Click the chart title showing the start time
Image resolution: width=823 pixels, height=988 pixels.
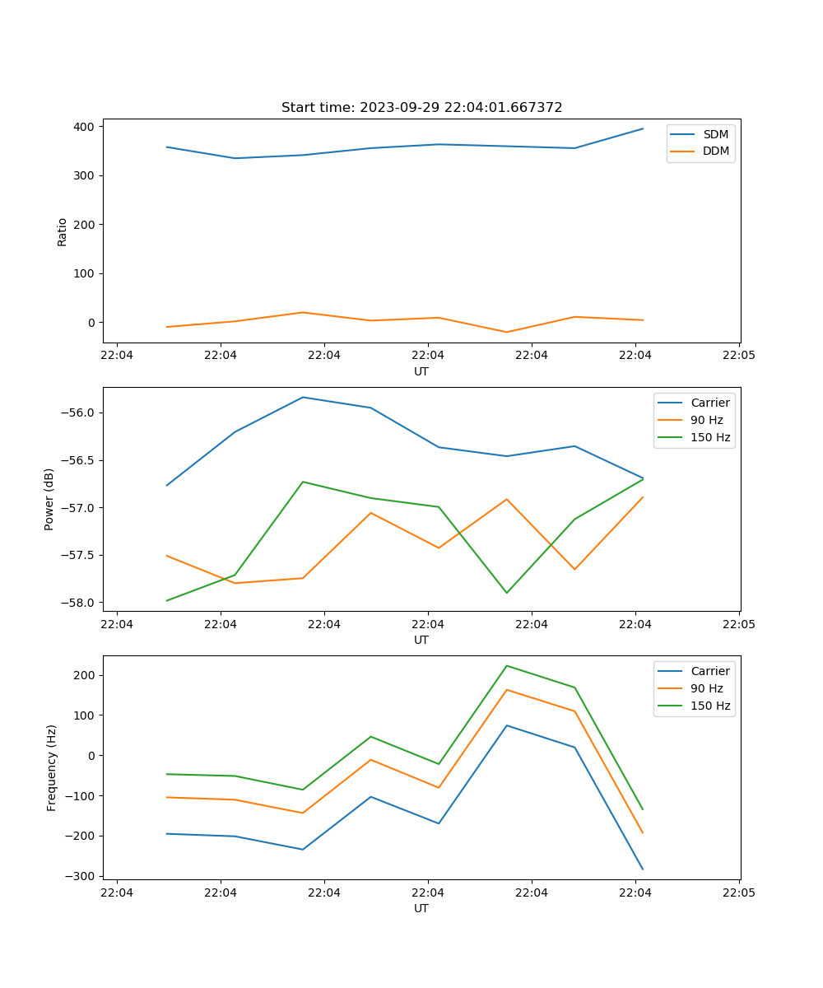421,108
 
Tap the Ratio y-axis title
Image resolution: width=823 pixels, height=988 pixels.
63,231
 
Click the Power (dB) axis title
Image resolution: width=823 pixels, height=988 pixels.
49,499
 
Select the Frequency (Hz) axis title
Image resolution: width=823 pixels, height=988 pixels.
51,767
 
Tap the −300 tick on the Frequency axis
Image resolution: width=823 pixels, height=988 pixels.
81,876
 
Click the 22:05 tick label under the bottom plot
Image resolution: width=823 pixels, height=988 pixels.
738,892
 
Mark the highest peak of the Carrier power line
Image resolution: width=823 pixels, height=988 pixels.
303,397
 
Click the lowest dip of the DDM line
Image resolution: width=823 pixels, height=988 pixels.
506,332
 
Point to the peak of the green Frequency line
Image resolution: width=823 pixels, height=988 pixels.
506,665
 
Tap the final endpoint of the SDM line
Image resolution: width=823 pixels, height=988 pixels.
643,128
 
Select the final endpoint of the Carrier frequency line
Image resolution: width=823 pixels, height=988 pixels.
643,869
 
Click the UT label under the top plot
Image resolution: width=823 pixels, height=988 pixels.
421,371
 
